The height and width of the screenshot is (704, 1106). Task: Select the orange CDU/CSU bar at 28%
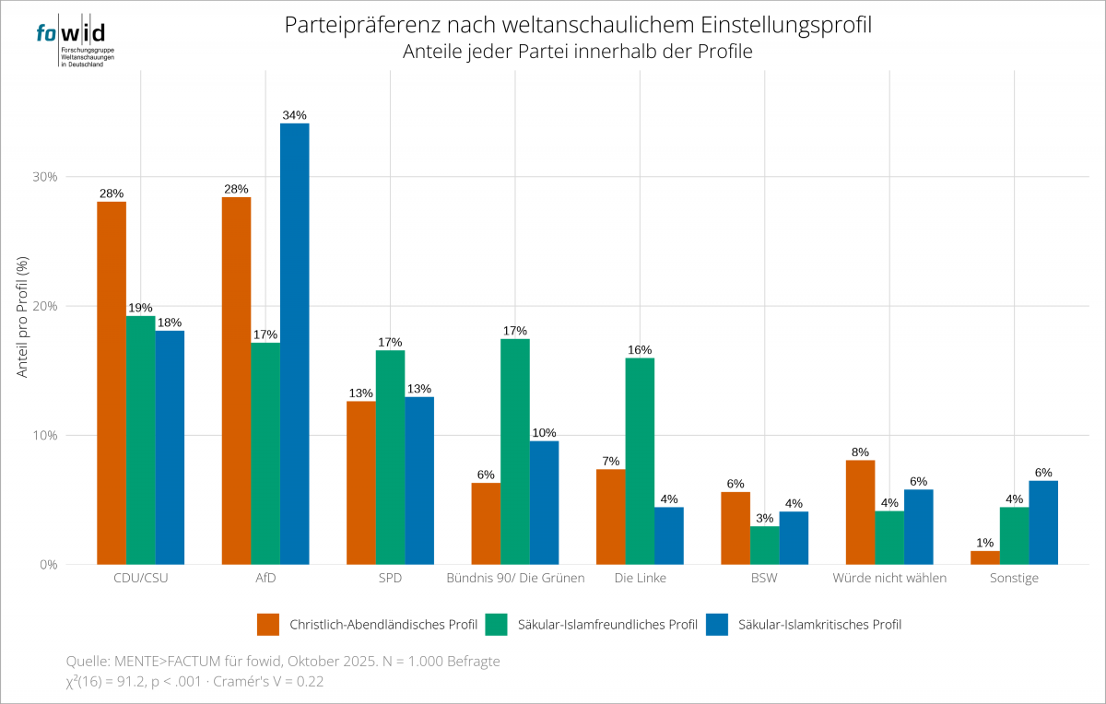pyautogui.click(x=112, y=382)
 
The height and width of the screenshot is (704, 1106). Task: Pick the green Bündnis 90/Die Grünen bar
pyautogui.click(x=515, y=452)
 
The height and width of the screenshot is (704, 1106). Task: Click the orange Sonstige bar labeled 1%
pyautogui.click(x=985, y=557)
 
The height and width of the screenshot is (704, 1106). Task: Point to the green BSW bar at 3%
pyautogui.click(x=765, y=546)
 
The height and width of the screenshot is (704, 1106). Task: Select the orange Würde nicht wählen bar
pyautogui.click(x=860, y=512)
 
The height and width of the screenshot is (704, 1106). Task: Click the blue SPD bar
pyautogui.click(x=419, y=480)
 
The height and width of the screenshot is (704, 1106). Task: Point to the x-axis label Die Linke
pyautogui.click(x=640, y=579)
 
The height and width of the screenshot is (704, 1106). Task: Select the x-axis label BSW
pyautogui.click(x=765, y=579)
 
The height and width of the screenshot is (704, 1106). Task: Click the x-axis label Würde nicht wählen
pyautogui.click(x=889, y=579)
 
